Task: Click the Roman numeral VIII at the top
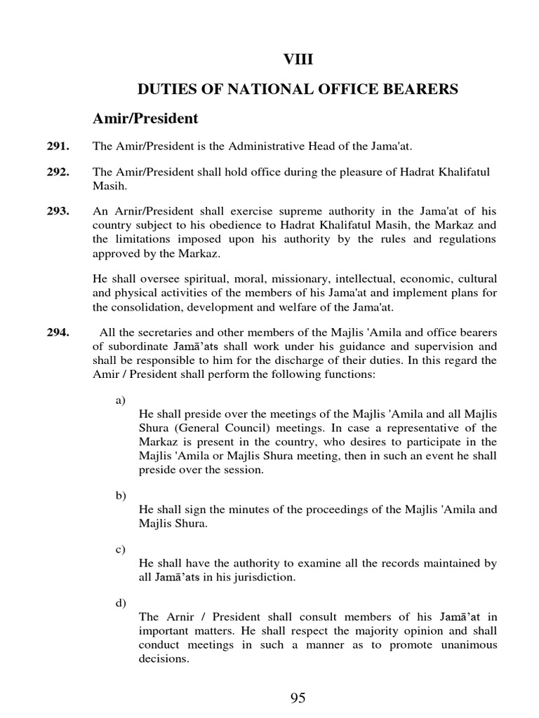298,60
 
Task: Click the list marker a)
120,400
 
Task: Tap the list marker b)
120,495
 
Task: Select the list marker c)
120,549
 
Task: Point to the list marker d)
120,602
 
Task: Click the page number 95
298,698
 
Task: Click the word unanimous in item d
463,644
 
